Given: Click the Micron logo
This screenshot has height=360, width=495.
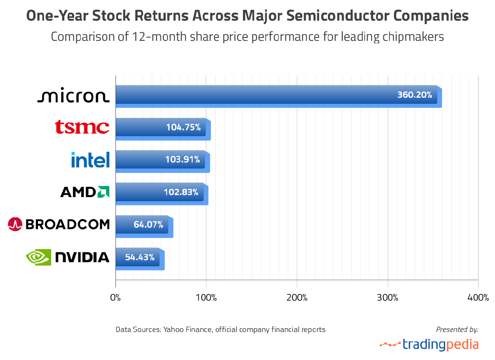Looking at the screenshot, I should tap(73, 96).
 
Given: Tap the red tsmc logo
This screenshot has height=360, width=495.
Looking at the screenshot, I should tap(82, 127).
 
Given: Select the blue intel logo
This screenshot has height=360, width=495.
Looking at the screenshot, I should tap(90, 160).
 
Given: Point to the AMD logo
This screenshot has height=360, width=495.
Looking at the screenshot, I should tap(85, 192).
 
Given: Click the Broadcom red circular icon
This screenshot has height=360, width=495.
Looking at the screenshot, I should tap(15, 224).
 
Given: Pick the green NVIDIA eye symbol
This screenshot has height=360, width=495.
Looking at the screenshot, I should tap(38, 257).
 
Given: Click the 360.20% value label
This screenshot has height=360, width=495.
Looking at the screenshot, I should tap(415, 95).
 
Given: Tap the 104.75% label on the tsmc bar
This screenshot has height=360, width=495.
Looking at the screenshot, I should tap(184, 127).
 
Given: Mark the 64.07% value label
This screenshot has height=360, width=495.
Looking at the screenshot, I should tap(148, 225).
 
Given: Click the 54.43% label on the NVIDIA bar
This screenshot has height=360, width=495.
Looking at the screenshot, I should tap(140, 257).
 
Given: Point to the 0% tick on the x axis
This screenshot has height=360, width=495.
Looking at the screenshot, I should tap(115, 298).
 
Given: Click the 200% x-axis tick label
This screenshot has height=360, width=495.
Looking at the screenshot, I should tap(297, 298).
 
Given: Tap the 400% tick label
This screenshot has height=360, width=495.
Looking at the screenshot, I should tap(478, 298).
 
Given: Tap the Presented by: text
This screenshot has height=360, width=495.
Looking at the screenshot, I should tap(457, 329).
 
